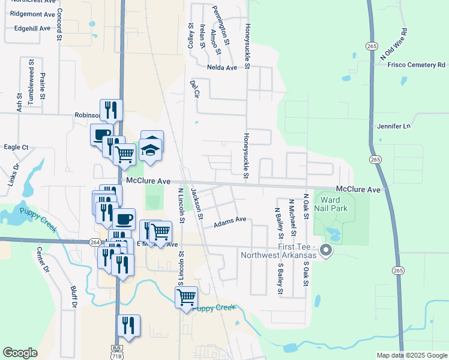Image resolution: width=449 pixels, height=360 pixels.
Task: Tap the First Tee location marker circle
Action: click(326, 250)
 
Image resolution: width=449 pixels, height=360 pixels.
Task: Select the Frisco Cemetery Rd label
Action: click(416, 65)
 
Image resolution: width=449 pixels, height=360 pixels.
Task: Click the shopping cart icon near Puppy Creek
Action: click(187, 296)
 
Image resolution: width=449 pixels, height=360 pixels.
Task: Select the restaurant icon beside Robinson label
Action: click(111, 109)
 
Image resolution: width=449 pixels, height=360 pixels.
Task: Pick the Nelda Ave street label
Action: click(223, 68)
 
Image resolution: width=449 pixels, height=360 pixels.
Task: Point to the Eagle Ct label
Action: click(16, 147)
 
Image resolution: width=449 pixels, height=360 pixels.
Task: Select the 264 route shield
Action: click(95, 242)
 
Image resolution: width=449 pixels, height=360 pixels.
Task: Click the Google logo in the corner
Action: click(20, 353)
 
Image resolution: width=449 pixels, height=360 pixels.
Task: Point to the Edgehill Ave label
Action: click(34, 28)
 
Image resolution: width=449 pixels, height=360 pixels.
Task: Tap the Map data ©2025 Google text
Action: click(411, 355)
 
